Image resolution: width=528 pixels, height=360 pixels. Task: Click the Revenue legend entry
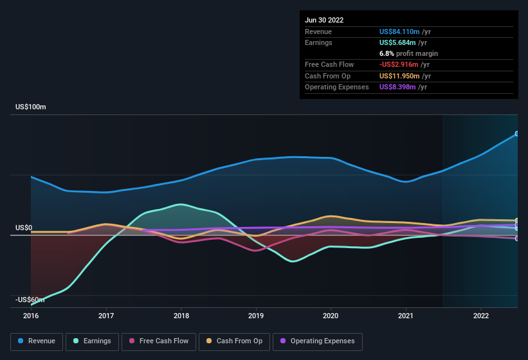coord(37,341)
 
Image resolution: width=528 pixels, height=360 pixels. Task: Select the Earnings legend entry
coord(93,341)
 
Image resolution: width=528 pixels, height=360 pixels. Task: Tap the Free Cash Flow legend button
coord(159,341)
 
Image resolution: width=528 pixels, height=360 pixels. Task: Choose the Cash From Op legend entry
coord(234,341)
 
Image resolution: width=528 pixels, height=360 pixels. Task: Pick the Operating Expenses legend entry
coord(318,341)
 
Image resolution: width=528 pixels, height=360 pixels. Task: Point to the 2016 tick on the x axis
coord(31,316)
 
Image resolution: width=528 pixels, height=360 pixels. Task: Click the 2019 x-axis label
coord(256,316)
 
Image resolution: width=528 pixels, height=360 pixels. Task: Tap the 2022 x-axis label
coord(480,316)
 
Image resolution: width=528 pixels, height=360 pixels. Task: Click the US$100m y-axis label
coord(31,107)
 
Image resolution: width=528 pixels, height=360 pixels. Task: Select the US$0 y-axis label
coord(24,228)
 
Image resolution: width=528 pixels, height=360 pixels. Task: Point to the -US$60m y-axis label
coord(30,300)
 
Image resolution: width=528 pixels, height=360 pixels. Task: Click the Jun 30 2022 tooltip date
coord(324,20)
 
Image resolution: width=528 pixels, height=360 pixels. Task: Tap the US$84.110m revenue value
coord(399,31)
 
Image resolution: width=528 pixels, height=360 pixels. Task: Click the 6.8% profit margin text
coord(408,53)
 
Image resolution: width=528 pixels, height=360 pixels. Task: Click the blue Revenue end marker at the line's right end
coord(517,134)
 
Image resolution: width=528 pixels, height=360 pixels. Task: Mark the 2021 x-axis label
coord(406,316)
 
